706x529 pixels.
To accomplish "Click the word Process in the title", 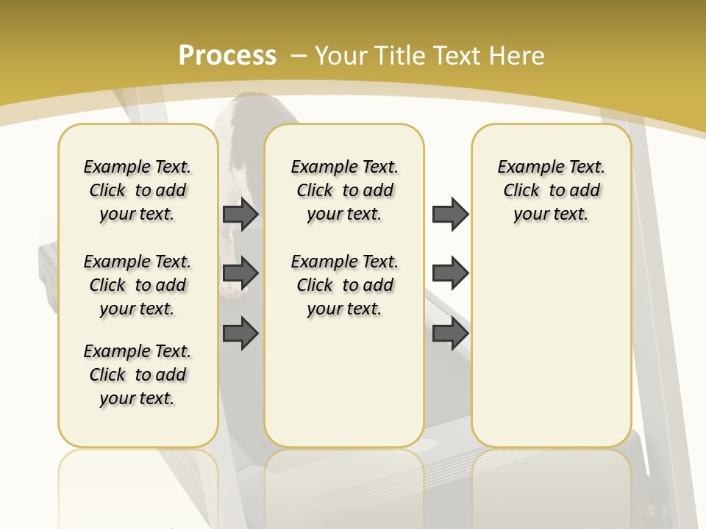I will point(227,55).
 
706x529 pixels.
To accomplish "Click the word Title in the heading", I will point(397,55).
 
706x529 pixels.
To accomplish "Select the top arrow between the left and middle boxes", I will point(240,215).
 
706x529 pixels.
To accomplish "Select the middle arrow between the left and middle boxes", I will point(240,273).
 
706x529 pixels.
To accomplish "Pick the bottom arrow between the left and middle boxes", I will point(240,333).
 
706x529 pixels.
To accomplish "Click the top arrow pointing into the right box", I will point(450,215).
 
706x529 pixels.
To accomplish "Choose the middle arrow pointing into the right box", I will point(450,273).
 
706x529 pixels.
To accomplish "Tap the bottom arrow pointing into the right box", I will point(450,333).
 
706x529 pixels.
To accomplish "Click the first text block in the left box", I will point(138,190).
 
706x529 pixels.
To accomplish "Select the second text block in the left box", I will point(138,285).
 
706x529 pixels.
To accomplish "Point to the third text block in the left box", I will point(138,375).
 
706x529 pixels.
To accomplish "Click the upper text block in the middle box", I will point(344,190).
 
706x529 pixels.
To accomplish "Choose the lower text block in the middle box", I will point(344,285).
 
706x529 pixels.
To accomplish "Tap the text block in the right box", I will point(552,190).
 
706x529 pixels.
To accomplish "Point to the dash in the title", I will point(299,55).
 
